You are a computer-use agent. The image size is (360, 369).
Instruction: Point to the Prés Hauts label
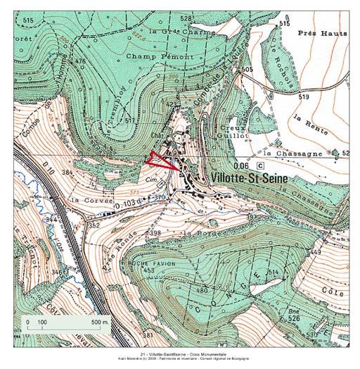coord(323,33)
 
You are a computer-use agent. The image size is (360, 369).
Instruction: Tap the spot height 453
coord(148,270)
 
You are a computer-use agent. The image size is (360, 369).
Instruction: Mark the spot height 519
coord(304,96)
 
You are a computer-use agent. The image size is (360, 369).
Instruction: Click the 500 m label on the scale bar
coord(101,322)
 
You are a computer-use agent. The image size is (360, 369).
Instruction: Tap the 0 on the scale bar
coord(29,322)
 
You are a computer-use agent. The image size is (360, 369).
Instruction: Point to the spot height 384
coord(68,172)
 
